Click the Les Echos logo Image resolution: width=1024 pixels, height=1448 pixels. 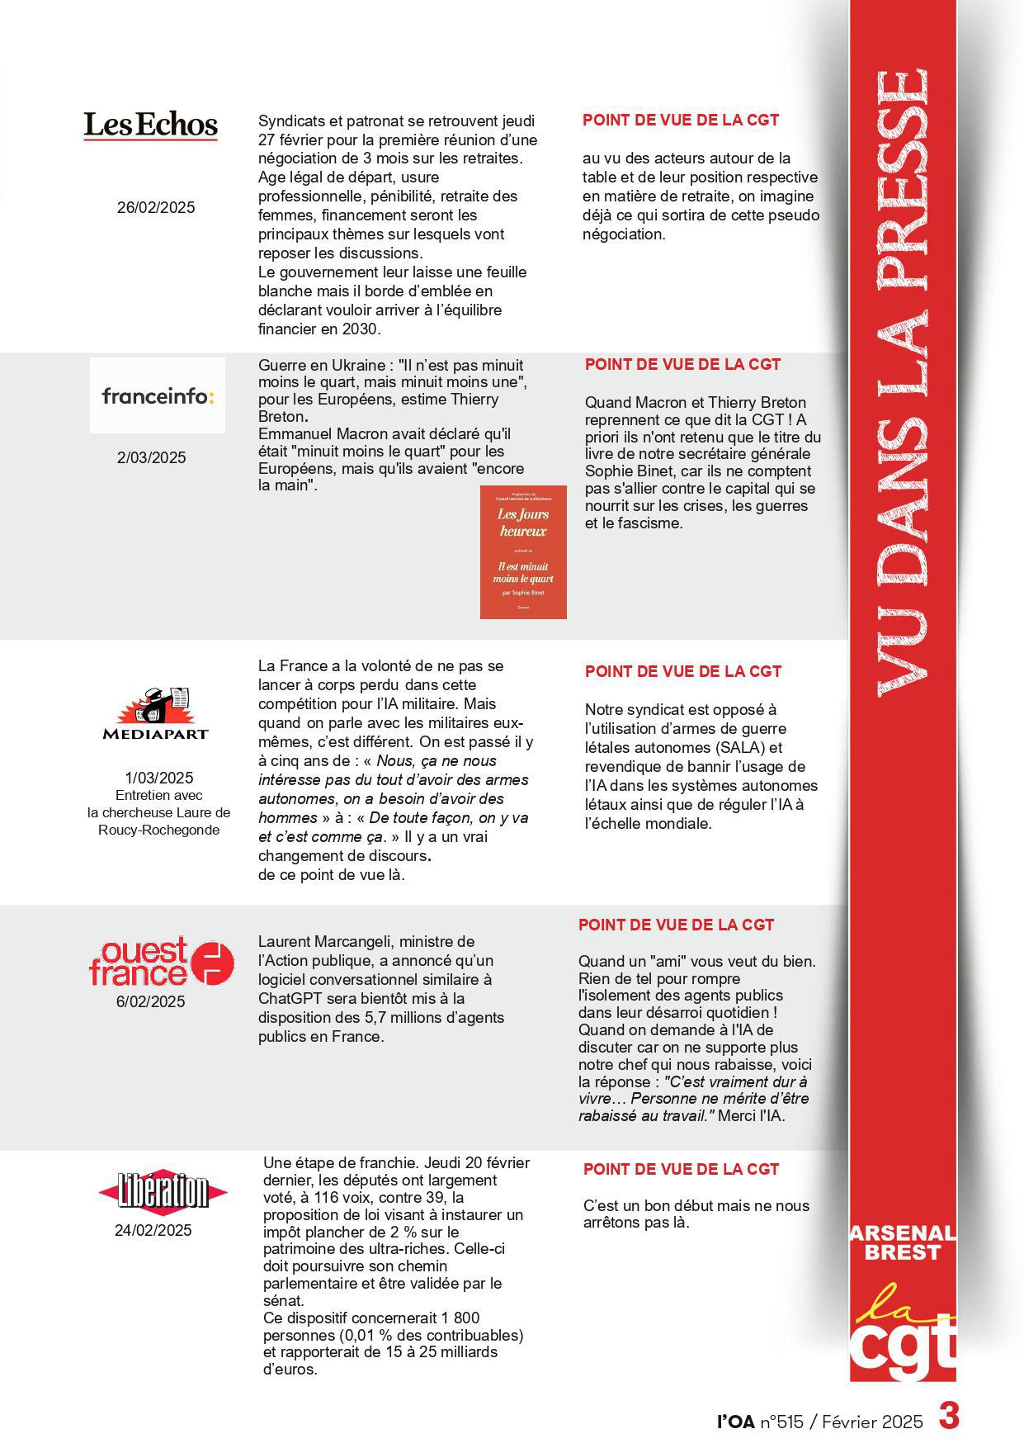click(x=150, y=125)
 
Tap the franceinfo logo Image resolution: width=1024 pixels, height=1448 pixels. click(x=158, y=396)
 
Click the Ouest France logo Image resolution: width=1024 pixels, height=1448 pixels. click(x=161, y=962)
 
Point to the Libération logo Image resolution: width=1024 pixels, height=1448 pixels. click(x=163, y=1191)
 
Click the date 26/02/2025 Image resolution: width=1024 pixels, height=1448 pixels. click(x=156, y=208)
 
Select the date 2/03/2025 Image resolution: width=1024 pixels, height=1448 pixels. click(x=152, y=458)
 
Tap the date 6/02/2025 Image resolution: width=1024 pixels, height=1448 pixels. click(x=151, y=1002)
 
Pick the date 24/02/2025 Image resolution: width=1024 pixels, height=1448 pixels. click(x=153, y=1231)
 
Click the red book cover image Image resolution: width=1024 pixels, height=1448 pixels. click(x=523, y=551)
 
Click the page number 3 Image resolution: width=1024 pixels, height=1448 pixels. click(x=948, y=1417)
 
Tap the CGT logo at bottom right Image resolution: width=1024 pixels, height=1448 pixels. click(x=903, y=1329)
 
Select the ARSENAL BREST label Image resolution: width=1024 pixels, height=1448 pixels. click(x=903, y=1243)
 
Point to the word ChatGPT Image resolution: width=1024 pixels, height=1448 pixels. click(x=289, y=999)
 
